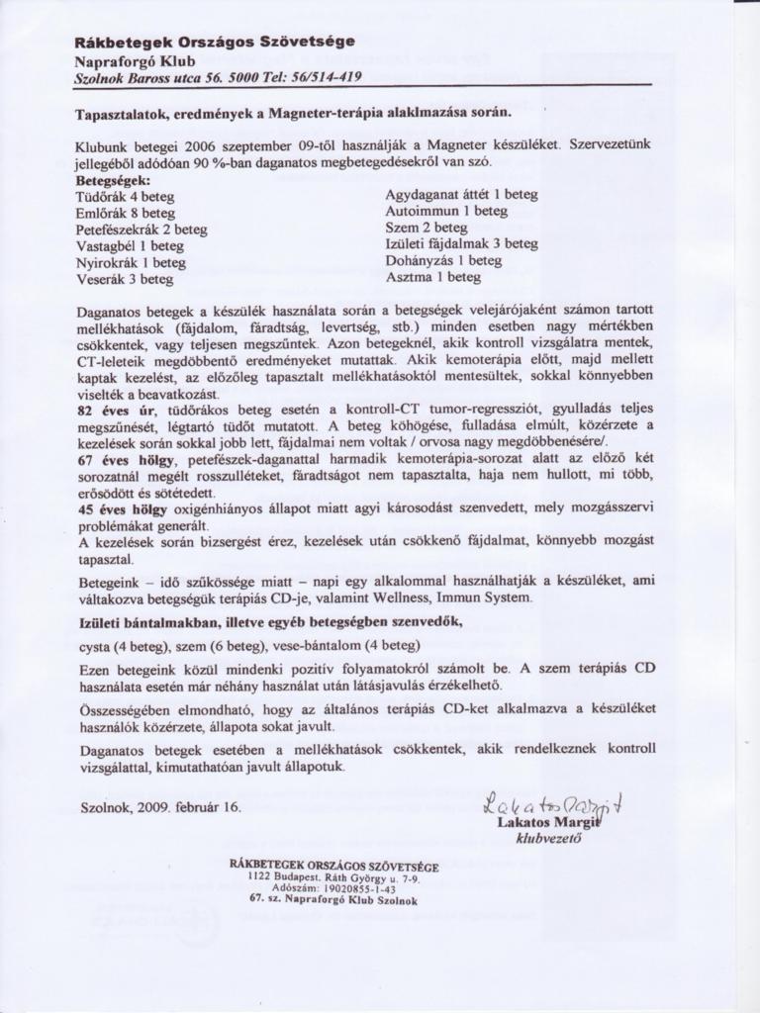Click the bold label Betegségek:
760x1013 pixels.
click(x=113, y=182)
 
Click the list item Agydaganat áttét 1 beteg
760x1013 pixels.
click(x=461, y=195)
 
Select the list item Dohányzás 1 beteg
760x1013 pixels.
click(x=443, y=261)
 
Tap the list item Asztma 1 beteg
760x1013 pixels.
click(x=432, y=278)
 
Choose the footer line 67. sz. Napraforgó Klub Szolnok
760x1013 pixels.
click(x=334, y=900)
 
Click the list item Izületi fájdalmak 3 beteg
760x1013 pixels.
click(x=461, y=244)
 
